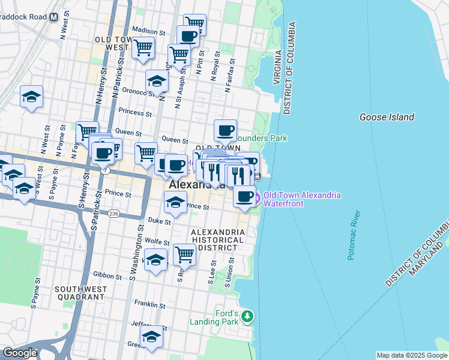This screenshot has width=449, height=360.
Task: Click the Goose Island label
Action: tap(387, 117)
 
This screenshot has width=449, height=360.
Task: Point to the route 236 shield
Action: tap(113, 214)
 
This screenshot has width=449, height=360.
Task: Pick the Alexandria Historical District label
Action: tap(217, 240)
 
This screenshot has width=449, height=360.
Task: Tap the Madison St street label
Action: tap(148, 31)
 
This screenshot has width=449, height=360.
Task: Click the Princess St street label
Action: tap(135, 112)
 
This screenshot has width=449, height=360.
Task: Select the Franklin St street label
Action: tap(149, 304)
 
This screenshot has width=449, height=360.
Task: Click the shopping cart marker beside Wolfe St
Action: tap(184, 254)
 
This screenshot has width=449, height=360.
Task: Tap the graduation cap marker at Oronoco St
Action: tap(157, 80)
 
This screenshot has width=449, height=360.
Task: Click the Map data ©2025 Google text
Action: tap(411, 355)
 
